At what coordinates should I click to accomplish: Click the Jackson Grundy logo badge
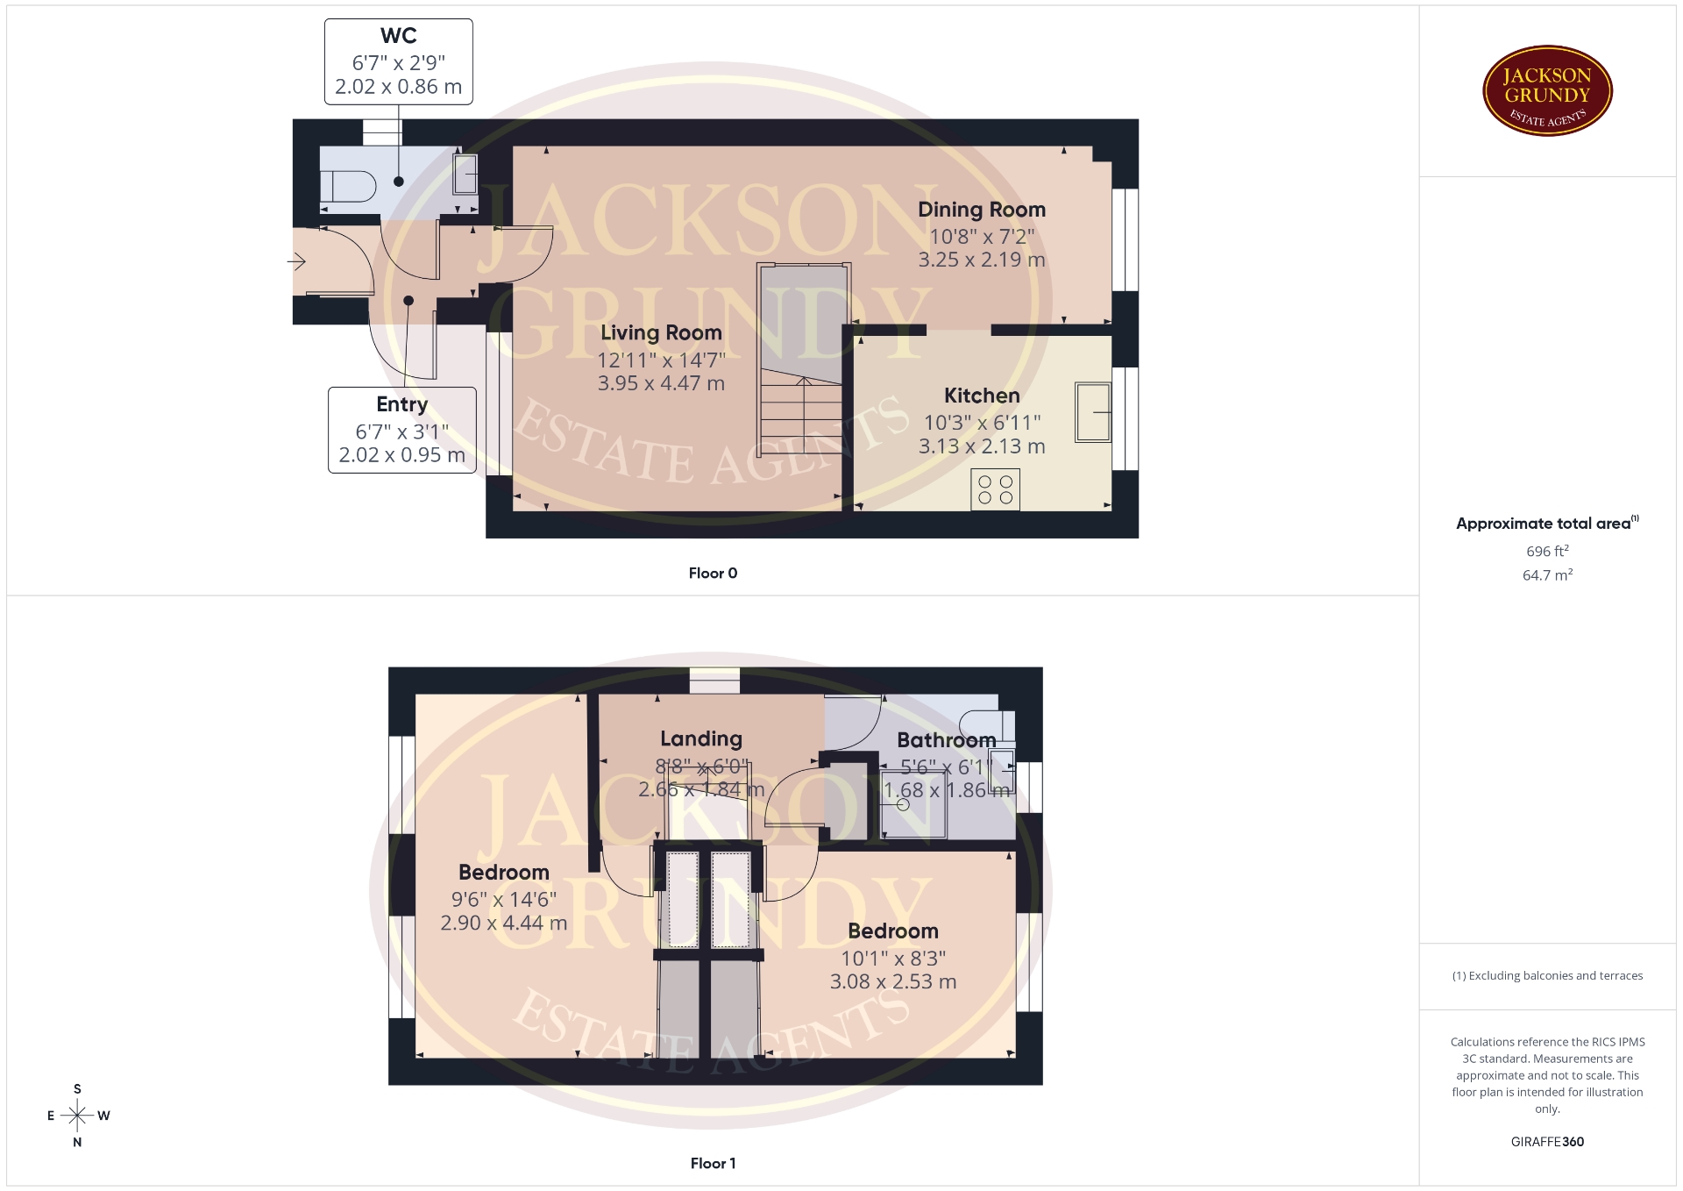point(1547,91)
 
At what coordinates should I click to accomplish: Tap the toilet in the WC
point(348,186)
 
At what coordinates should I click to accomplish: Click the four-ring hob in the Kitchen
point(995,489)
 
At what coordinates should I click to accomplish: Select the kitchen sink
point(1093,411)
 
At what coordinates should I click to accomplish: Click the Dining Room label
point(982,210)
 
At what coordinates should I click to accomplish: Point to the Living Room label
point(661,333)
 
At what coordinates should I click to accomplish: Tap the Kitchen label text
point(982,396)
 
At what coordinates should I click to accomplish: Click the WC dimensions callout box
point(399,62)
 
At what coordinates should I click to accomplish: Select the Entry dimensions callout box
point(402,431)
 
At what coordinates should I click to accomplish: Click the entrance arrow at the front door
point(296,261)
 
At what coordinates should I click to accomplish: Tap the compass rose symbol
point(78,1116)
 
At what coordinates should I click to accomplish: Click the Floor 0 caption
point(713,573)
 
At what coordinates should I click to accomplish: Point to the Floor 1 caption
point(713,1163)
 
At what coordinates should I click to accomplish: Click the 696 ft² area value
point(1547,551)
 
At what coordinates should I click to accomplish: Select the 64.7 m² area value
point(1547,574)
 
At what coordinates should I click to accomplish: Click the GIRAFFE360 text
point(1547,1141)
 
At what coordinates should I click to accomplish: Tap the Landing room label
point(701,739)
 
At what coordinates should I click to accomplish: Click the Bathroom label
point(947,740)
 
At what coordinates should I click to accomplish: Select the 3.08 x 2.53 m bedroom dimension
point(893,981)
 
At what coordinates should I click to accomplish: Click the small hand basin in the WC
point(465,175)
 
